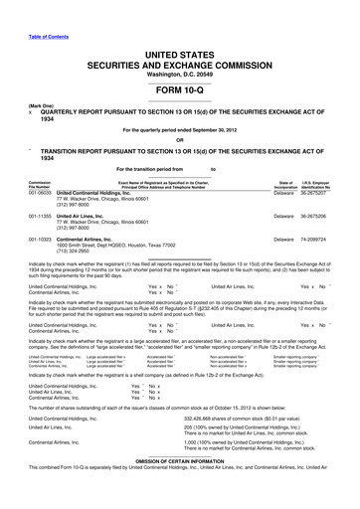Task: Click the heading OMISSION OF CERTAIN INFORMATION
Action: [x=179, y=488]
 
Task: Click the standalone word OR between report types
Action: [x=179, y=139]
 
